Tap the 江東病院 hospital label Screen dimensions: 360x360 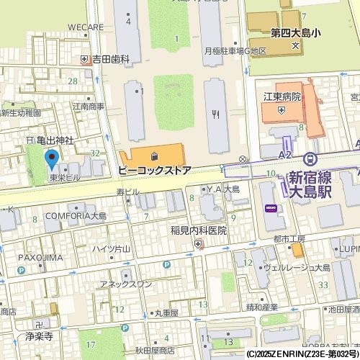[280, 96]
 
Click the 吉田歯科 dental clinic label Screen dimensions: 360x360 [110, 59]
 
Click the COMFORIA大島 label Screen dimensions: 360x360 [76, 215]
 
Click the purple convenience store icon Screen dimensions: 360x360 [271, 208]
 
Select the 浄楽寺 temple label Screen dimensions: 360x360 [39, 336]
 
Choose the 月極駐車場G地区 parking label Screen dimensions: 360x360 [235, 51]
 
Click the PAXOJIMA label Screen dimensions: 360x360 [41, 257]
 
